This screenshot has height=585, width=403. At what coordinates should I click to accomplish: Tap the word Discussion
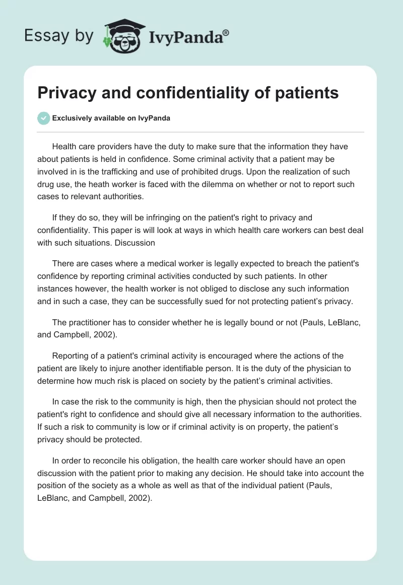point(137,243)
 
